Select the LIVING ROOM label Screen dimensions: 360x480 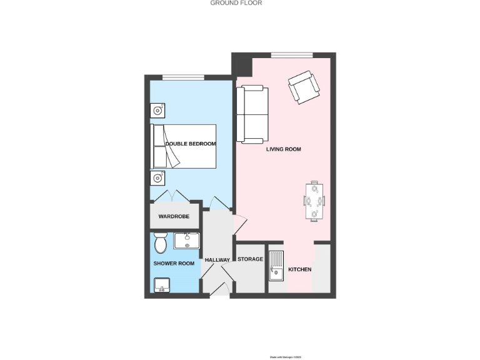(284, 149)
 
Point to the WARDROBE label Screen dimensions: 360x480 (174, 216)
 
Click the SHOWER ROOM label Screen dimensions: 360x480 (174, 263)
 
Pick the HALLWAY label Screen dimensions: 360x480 (217, 260)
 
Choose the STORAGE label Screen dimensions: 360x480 (250, 259)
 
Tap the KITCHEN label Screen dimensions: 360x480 (299, 269)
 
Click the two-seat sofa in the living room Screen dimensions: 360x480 (252, 114)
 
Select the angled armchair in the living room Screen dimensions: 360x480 (302, 86)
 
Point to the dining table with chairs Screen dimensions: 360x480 (314, 201)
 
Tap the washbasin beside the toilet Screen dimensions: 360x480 (186, 240)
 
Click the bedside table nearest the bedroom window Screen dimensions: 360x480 (159, 111)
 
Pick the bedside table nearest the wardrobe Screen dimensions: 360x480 (159, 178)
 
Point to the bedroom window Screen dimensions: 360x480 (183, 77)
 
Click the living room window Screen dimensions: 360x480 (292, 54)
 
